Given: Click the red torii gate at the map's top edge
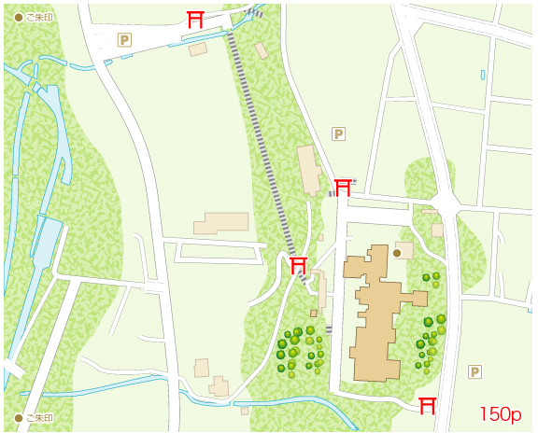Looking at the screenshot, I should point(195,20).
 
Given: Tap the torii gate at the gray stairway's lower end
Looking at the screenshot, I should point(298,266).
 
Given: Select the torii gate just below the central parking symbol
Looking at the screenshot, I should point(343,186).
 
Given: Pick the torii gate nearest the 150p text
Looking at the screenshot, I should point(428,405).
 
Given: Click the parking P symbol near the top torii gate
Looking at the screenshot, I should point(124,39).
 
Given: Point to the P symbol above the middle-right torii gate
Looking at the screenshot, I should point(339,134).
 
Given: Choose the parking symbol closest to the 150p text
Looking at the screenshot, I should point(474,371).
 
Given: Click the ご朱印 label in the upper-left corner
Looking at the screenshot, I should point(34,17).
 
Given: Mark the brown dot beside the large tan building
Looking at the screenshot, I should point(397,252).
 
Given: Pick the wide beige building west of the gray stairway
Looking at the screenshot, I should point(220,223).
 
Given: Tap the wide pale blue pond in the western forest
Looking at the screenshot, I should point(45,238).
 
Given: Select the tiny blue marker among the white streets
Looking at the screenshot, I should point(483,75).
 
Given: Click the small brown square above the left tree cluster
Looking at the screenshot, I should point(314,314).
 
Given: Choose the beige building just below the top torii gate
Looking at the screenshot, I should point(197,49).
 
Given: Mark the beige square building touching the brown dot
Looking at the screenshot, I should point(404,249).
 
